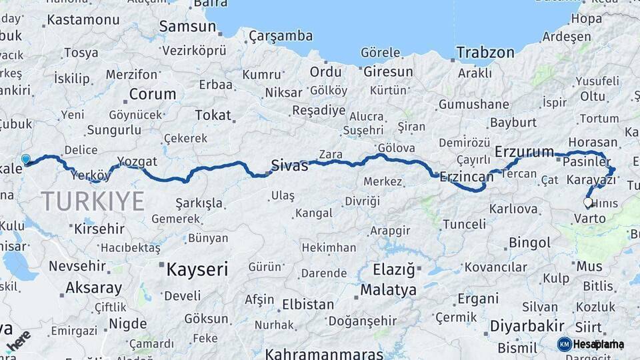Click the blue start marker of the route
coord(26,159)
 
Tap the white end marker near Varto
coord(588,202)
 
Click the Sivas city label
coord(289,165)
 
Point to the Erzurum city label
coord(525,152)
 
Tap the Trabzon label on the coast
coord(485,53)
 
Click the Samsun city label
coord(187,27)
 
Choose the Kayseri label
coord(197,269)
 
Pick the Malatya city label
coord(388,290)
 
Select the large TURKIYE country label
coord(93,201)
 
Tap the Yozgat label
coord(137,161)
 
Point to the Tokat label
coord(213,115)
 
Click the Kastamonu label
coord(83,20)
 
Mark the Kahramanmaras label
coord(324,353)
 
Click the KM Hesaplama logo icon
coord(565,344)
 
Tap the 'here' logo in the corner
coord(18,339)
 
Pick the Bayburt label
coord(513,123)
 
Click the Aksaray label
coord(93,289)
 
